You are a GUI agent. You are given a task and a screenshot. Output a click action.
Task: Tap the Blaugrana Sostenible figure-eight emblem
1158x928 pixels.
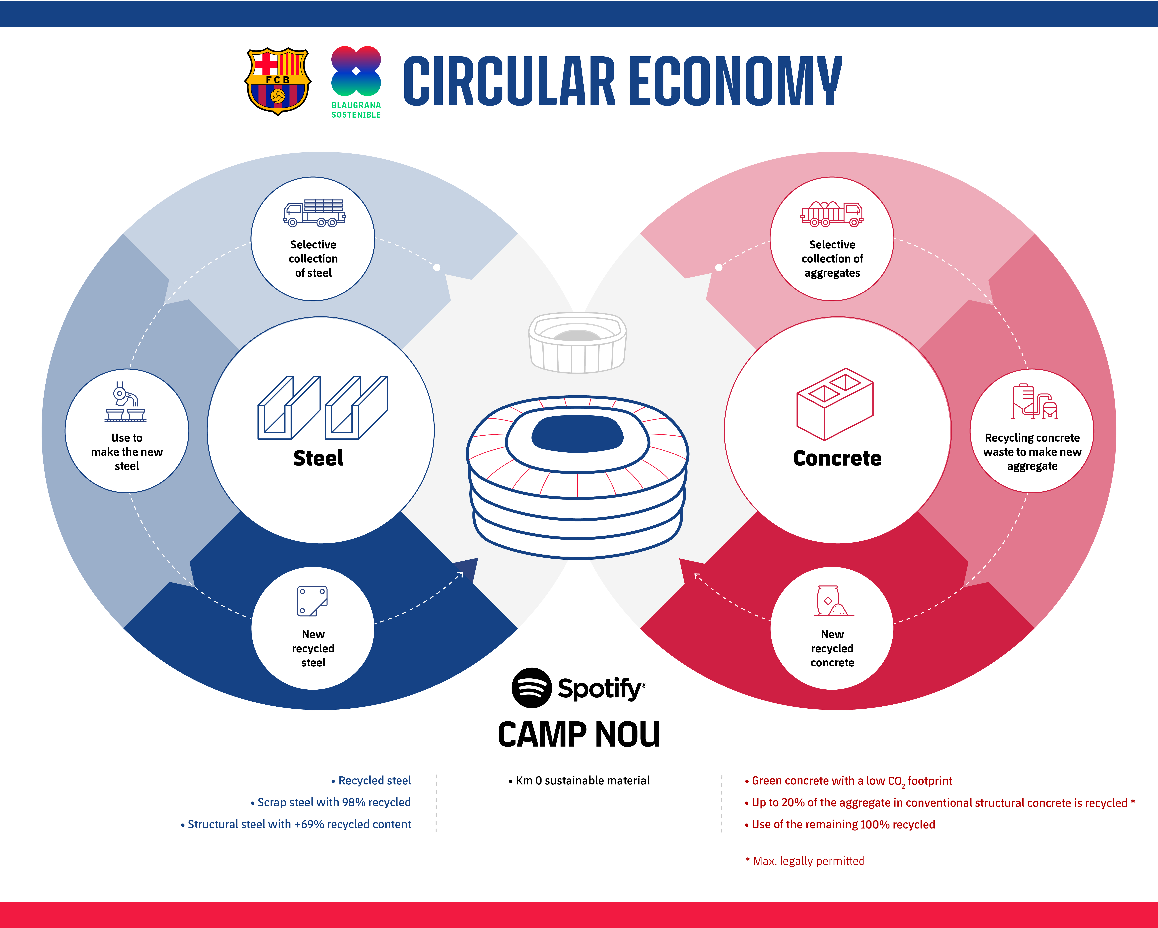[x=356, y=71]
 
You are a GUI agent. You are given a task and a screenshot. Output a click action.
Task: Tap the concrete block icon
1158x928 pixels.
[x=835, y=404]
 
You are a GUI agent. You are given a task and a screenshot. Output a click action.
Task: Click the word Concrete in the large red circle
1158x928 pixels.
[x=837, y=458]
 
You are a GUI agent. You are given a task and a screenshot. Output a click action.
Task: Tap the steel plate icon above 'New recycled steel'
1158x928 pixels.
[x=312, y=601]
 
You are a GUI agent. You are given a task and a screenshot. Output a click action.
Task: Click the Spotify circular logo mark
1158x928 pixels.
[x=531, y=688]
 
